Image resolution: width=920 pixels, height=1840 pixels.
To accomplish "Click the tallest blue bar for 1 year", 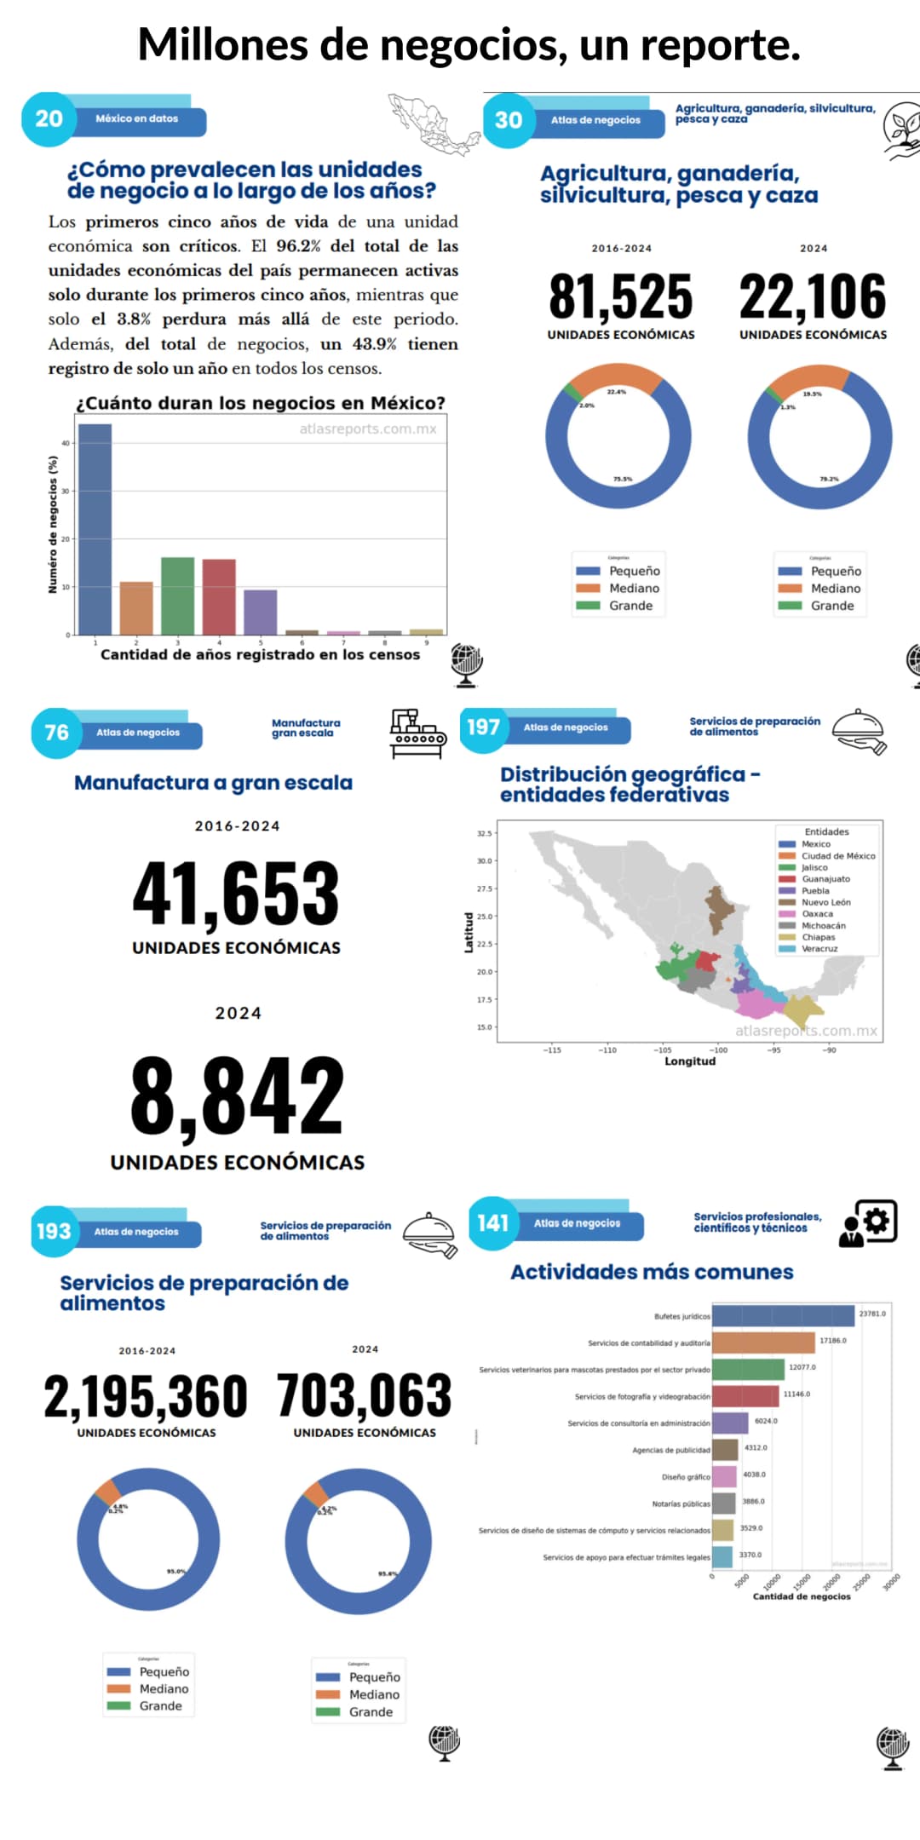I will coord(95,528).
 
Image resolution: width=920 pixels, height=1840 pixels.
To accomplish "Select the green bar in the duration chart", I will coord(177,595).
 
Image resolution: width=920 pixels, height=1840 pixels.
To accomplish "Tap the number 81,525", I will coord(621,297).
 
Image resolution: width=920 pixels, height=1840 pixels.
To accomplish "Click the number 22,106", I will coord(813,297).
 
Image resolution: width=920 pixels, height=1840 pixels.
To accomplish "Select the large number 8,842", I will coord(237,1095).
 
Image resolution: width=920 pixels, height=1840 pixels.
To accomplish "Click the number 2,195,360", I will coord(146,1397).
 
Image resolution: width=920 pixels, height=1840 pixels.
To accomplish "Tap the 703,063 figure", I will coord(365,1395).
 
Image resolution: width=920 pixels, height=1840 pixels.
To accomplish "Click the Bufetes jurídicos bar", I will coord(783,1315).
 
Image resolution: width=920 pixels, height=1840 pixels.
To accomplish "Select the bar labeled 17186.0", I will coord(763,1343).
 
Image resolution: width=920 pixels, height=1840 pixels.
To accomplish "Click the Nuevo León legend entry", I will coord(825,902).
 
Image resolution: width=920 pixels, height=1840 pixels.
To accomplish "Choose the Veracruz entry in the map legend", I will coord(819,948).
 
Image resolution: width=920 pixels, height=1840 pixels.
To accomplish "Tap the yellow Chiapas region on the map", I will coord(802,1011).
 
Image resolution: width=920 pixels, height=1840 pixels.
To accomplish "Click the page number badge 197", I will coord(483,727).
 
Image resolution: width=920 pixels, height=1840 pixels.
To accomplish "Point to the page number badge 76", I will coord(56,733).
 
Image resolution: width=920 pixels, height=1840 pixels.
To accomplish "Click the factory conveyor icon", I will coord(417,733).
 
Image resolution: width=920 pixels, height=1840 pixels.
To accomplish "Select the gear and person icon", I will coord(868,1223).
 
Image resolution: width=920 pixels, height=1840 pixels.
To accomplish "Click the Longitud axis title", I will coord(690,1061).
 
